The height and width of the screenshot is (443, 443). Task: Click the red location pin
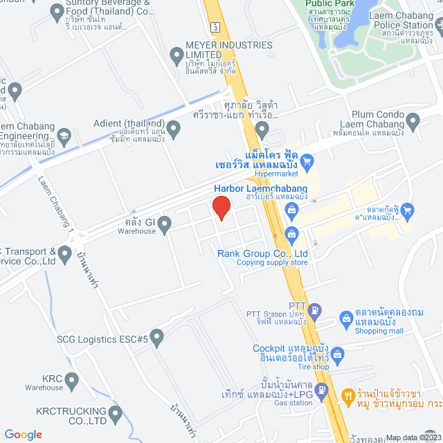tap(221, 208)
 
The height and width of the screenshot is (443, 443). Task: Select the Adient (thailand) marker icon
tap(174, 128)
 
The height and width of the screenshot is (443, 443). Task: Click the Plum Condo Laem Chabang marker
tap(414, 123)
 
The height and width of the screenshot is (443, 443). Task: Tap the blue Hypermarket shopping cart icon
tap(309, 161)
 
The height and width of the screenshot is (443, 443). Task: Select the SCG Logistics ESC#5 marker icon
tap(157, 338)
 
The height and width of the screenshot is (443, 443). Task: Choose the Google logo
tap(23, 434)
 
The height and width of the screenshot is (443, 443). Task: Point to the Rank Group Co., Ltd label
tap(262, 253)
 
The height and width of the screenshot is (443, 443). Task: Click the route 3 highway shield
tap(217, 26)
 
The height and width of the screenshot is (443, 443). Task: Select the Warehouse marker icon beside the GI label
tap(165, 224)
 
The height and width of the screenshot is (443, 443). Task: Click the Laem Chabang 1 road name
tap(62, 211)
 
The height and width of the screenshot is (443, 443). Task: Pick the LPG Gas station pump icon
tap(323, 392)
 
